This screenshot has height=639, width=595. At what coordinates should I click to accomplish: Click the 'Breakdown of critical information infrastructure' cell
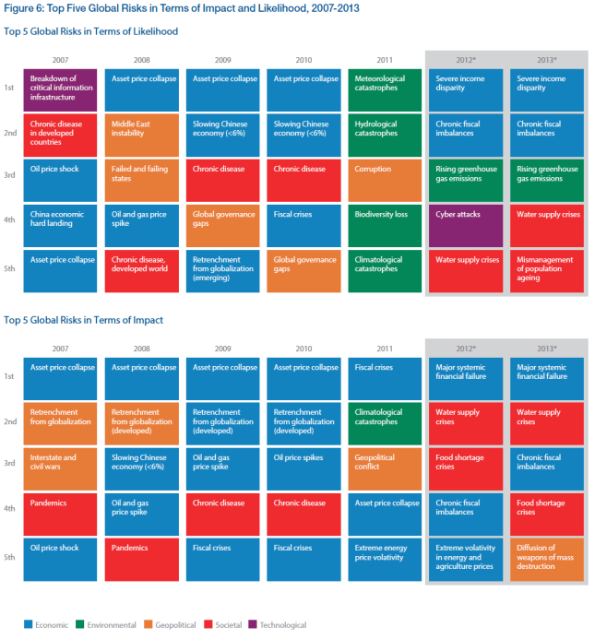coord(60,89)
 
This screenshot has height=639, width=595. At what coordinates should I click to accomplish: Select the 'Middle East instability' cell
coord(141,134)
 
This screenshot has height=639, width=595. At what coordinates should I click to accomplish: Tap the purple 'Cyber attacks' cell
coord(466,224)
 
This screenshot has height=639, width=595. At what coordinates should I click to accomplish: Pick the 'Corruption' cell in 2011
coord(385,179)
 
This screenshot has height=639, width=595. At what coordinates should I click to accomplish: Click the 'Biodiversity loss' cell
coord(385,224)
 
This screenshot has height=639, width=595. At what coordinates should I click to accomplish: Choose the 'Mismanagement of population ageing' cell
coord(547,269)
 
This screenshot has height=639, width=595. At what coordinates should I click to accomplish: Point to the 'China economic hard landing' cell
coord(60,224)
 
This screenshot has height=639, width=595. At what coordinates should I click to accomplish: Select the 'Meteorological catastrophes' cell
coord(385,89)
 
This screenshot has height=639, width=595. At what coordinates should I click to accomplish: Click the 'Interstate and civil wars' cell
coord(60,467)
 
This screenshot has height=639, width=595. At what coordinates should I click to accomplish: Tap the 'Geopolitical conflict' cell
coord(385,467)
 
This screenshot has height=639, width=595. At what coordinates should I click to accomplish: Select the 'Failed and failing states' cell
coord(141,179)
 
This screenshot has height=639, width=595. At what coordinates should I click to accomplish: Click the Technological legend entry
coord(280,624)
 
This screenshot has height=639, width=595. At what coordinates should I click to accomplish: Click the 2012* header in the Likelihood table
coord(466,59)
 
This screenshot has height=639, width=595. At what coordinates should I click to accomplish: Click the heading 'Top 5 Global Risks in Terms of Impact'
coord(84,320)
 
